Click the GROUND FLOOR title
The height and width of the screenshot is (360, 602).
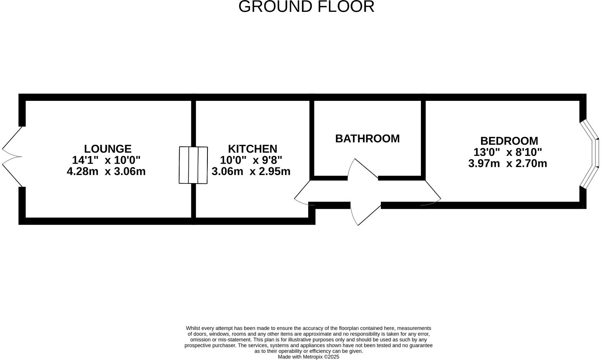[x=306, y=7]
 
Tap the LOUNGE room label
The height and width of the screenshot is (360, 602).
[x=107, y=149]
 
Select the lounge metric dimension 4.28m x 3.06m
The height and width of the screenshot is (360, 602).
[x=106, y=171]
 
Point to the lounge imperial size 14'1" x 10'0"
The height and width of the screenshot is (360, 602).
[x=106, y=160]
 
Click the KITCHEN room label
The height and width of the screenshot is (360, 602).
[x=252, y=149]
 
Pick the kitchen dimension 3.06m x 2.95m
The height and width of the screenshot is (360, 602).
[x=251, y=171]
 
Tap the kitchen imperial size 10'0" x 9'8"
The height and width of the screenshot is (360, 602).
[x=251, y=160]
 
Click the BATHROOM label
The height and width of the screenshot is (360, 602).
[x=367, y=138]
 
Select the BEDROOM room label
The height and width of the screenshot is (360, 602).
[x=509, y=141]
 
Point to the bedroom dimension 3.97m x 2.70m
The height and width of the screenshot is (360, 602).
[x=507, y=164]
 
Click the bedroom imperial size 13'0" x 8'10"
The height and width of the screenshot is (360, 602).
[x=507, y=152]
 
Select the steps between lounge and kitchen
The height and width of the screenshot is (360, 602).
[x=193, y=165]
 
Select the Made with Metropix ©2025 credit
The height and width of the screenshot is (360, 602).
[x=308, y=357]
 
